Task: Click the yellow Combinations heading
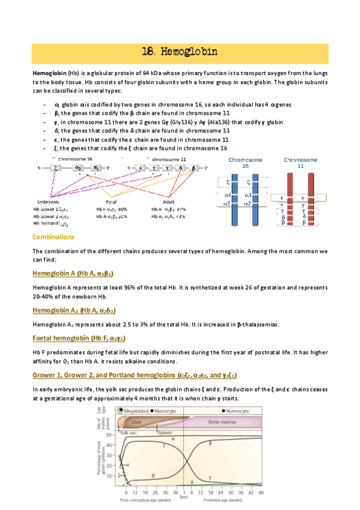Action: coord(53,237)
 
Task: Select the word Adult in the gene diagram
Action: coord(169,202)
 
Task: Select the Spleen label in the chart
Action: coord(164,432)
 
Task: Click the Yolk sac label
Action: coord(129,432)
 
